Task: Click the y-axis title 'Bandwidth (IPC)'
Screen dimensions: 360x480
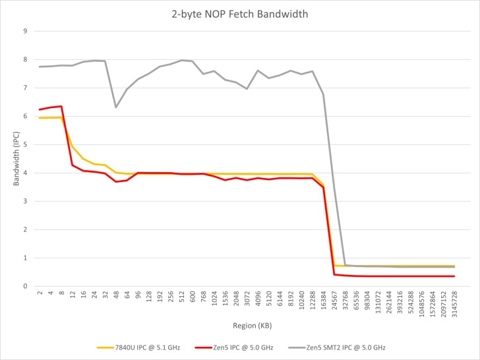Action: pos(16,158)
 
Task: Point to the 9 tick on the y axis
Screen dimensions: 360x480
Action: pos(24,31)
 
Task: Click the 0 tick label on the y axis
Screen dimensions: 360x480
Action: pos(24,286)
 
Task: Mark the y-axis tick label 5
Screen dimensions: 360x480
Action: pos(24,144)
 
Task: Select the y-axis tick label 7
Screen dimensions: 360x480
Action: pos(24,88)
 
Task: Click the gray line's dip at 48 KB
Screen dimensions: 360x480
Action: pos(116,107)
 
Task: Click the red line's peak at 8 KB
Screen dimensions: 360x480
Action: pos(61,106)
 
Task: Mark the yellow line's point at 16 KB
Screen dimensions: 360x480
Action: pos(83,158)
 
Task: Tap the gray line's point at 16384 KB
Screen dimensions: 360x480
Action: pos(323,94)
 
